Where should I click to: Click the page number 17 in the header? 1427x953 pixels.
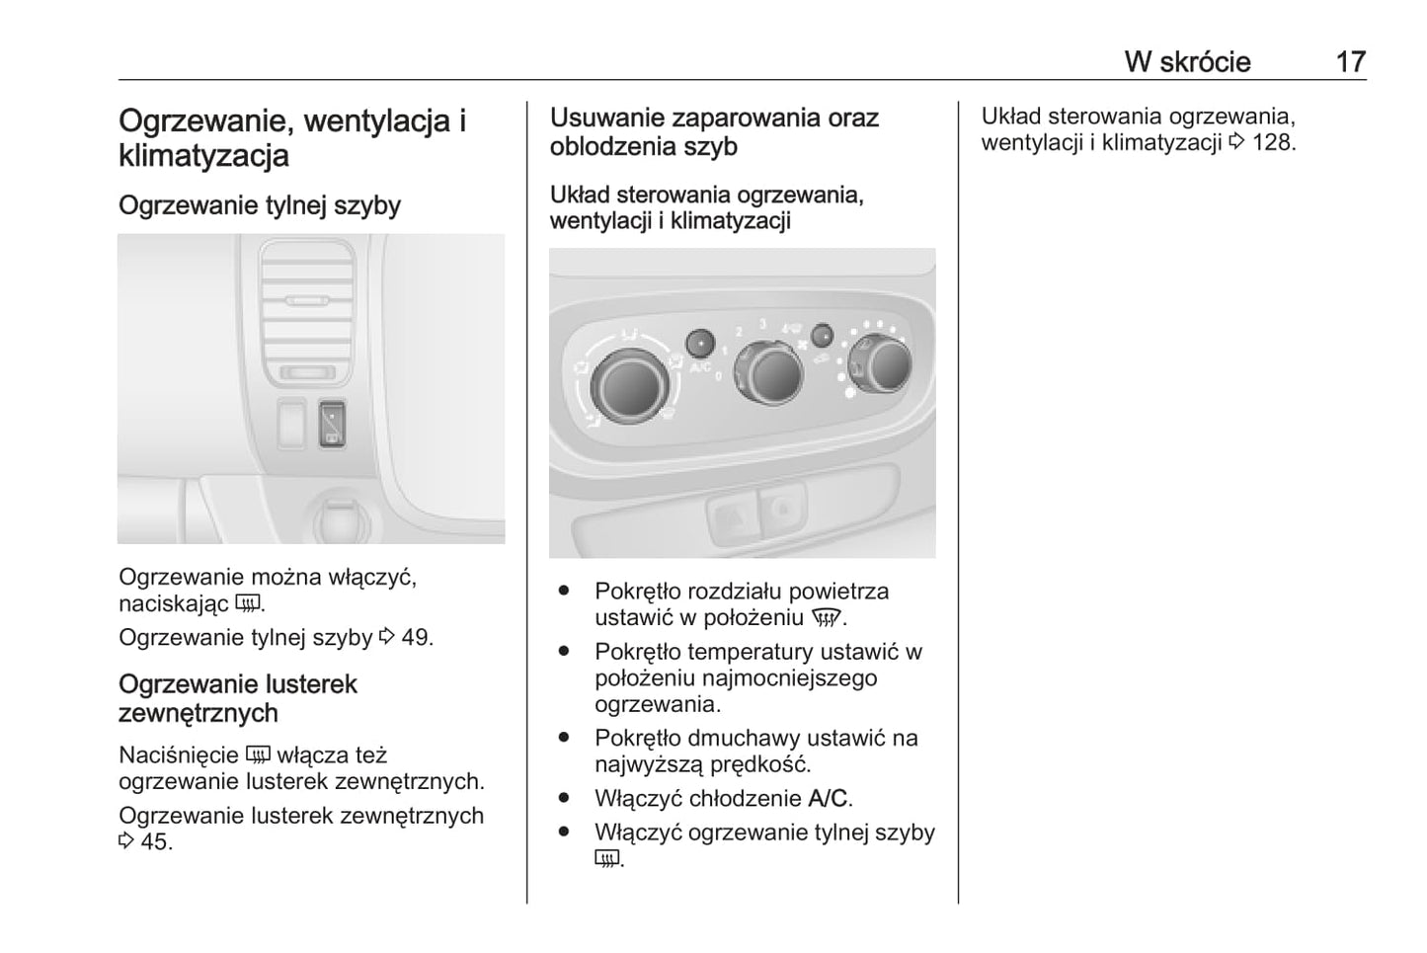(x=1351, y=62)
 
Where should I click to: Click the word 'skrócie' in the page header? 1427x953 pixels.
(x=1206, y=62)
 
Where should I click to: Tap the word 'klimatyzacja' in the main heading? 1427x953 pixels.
(x=203, y=155)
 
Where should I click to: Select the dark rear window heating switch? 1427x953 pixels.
(x=332, y=423)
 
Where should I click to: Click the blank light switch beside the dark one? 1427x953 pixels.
(x=291, y=423)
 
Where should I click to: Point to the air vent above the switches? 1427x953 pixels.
(x=307, y=313)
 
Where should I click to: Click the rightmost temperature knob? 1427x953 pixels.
(x=881, y=363)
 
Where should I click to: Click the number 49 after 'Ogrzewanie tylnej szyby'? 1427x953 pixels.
(x=417, y=638)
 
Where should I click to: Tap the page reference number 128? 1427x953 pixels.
(x=1271, y=142)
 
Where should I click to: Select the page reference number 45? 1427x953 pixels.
(x=155, y=842)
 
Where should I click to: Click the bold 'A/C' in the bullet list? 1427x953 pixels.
(x=828, y=799)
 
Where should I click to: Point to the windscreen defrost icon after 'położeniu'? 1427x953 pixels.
(x=826, y=618)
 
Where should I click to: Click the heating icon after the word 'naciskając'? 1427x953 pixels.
(x=247, y=602)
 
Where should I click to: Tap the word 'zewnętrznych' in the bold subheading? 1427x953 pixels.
(x=198, y=713)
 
